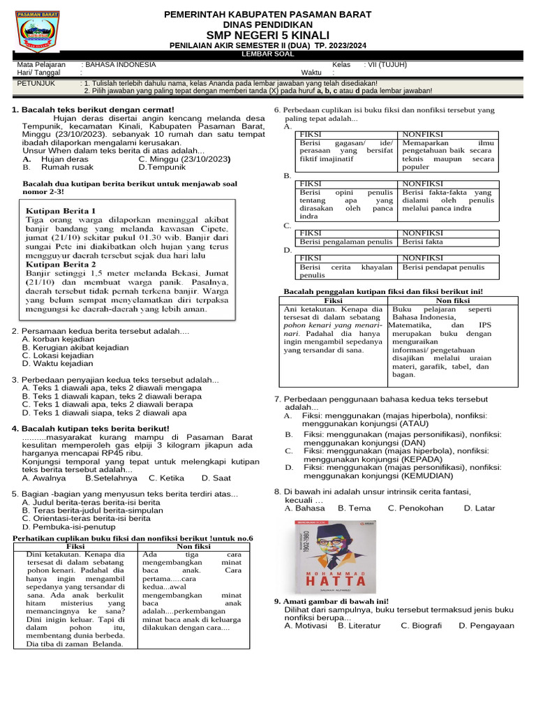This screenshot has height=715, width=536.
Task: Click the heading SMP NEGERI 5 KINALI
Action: point(267,35)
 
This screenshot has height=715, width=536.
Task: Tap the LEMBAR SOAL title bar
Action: point(267,54)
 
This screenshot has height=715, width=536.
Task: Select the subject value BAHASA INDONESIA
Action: point(119,64)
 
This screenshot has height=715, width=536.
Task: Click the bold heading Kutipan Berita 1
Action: point(61,210)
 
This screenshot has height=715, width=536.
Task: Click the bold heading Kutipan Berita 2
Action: point(61,265)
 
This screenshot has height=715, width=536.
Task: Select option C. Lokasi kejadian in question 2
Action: point(58,355)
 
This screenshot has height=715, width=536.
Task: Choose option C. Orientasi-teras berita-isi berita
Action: point(86,519)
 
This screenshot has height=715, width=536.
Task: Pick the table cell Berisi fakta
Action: point(423,242)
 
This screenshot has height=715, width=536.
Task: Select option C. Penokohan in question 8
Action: point(416,508)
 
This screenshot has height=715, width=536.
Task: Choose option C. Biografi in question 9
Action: point(421,626)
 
